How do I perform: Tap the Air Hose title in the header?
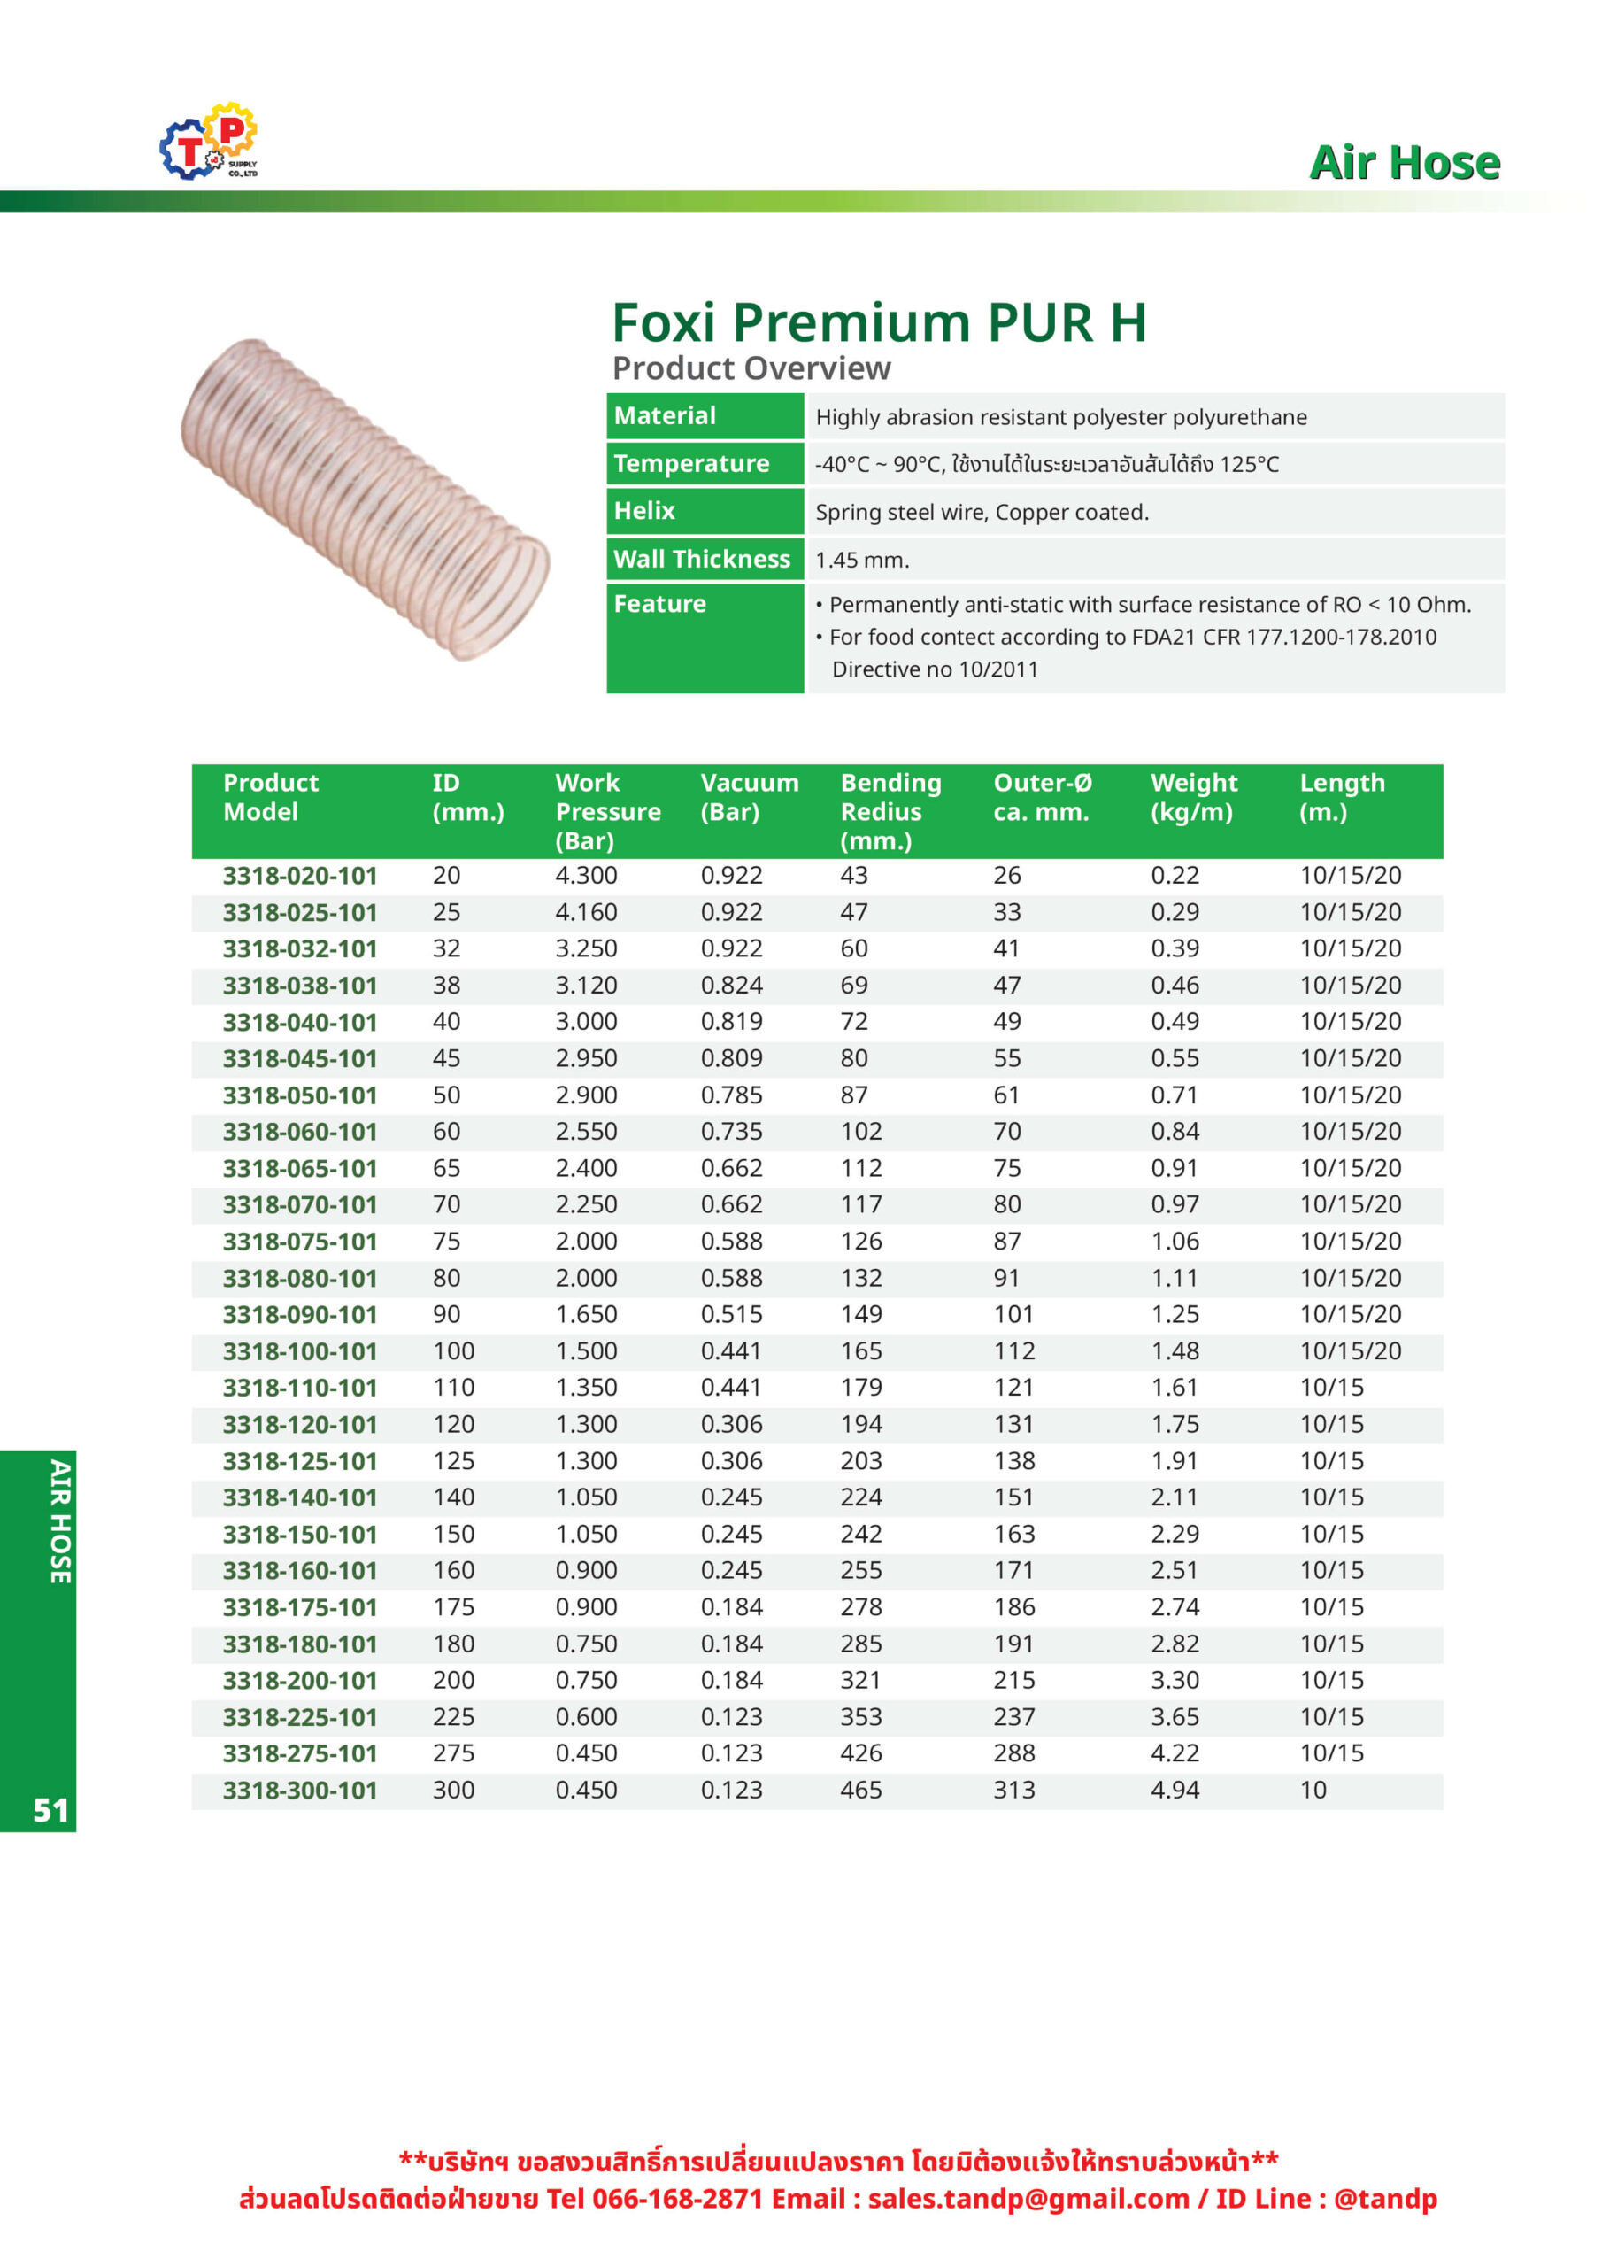(1404, 163)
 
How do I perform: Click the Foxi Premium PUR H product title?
(879, 323)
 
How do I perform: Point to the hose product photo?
(366, 499)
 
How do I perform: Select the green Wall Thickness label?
(702, 559)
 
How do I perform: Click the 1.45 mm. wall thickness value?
(862, 560)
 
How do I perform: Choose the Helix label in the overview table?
(644, 510)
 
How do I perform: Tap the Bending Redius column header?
(890, 810)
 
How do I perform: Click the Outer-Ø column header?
(1042, 797)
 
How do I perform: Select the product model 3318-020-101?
(300, 876)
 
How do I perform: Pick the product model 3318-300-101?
(300, 1790)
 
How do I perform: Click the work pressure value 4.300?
(586, 876)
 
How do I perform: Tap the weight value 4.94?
(1175, 1790)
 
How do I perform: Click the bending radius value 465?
(860, 1790)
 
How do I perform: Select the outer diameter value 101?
(1013, 1314)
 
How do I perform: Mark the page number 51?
(51, 1810)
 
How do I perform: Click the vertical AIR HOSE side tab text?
(60, 1521)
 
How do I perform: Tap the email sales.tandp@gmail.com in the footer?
(1028, 2199)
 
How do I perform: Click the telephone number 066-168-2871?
(677, 2199)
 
